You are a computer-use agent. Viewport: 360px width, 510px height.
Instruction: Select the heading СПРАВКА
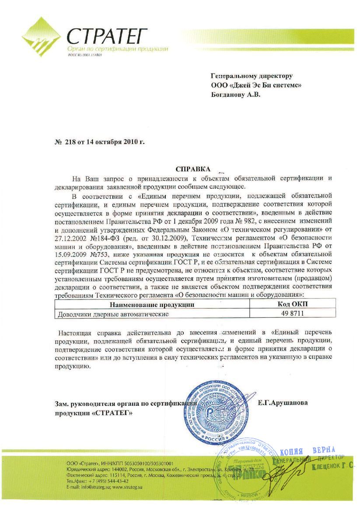(x=192, y=169)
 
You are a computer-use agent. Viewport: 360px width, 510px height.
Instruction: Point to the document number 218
(x=70, y=142)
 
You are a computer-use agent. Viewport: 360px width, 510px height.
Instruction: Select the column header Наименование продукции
(x=152, y=305)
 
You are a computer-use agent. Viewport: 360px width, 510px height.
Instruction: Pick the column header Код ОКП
(x=294, y=305)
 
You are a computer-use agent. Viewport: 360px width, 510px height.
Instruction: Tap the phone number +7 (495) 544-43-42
(x=107, y=481)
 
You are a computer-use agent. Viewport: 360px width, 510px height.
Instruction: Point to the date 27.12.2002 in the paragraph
(x=70, y=238)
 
